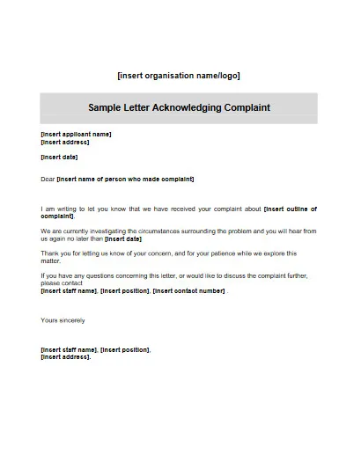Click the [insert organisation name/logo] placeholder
(179, 76)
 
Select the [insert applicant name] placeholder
(76, 135)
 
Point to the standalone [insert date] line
(59, 158)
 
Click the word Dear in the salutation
(48, 180)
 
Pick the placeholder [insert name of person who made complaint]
(125, 180)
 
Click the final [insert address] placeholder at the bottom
(65, 357)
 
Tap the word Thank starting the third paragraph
(50, 253)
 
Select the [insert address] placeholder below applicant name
(64, 142)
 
